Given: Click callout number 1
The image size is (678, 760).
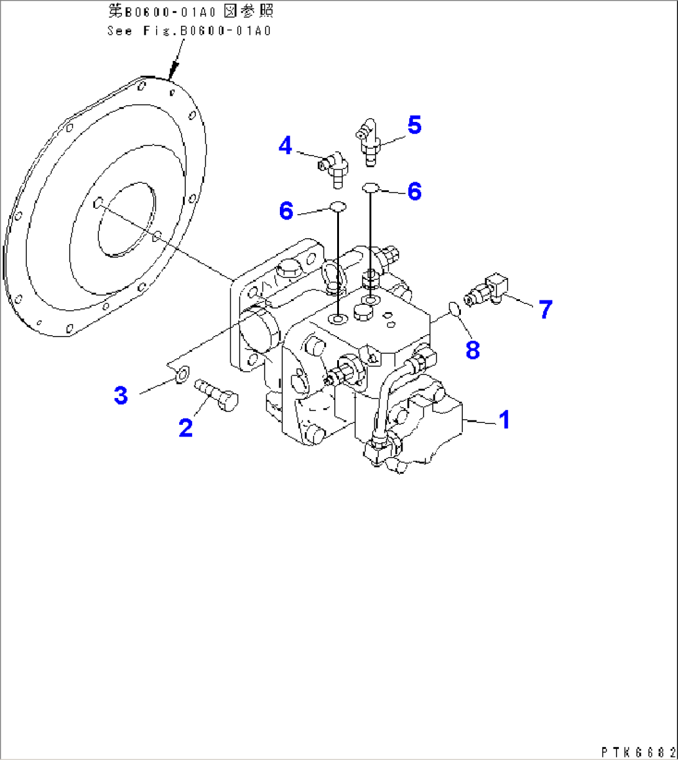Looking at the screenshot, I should point(505,420).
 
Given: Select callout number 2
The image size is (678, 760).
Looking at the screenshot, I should point(185,427).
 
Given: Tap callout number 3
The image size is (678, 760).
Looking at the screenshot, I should point(121,395).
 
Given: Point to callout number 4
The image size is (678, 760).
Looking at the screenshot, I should point(286,146).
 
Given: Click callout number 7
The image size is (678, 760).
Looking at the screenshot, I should point(546,309).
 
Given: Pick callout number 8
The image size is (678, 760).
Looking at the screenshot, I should point(473,350).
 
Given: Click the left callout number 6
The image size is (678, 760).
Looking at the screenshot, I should point(286,211).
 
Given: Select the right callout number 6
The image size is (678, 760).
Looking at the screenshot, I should point(414,191).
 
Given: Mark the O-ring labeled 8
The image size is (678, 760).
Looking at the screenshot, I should point(455,308).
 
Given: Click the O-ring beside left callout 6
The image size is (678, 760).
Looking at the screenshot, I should point(337,207).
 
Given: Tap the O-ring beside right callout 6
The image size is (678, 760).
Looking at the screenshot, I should point(370,186).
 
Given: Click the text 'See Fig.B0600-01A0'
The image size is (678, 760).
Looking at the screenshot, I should point(189,30).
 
